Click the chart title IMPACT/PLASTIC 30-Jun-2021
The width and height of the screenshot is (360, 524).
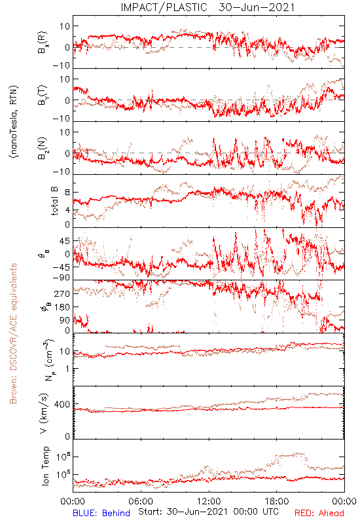pyautogui.click(x=207, y=7)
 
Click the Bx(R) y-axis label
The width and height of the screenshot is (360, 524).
pyautogui.click(x=42, y=43)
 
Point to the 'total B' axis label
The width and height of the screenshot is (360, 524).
pyautogui.click(x=54, y=201)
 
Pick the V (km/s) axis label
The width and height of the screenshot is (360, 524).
pyautogui.click(x=44, y=413)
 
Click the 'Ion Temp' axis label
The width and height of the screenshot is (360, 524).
pyautogui.click(x=45, y=466)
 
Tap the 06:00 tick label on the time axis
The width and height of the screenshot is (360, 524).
pyautogui.click(x=141, y=501)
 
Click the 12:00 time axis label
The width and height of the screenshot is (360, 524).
pyautogui.click(x=209, y=501)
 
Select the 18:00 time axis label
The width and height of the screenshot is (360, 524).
pyautogui.click(x=277, y=501)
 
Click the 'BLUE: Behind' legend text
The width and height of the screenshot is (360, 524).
pyautogui.click(x=101, y=513)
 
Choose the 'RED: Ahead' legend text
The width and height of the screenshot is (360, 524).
pyautogui.click(x=319, y=513)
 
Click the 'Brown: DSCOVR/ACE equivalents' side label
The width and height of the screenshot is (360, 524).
pyautogui.click(x=13, y=333)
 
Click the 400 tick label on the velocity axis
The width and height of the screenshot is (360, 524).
pyautogui.click(x=62, y=404)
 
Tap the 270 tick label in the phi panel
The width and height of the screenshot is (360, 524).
pyautogui.click(x=62, y=293)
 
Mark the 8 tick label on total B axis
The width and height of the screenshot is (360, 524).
pyautogui.click(x=67, y=193)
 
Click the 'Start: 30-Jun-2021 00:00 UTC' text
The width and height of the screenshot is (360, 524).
pyautogui.click(x=208, y=512)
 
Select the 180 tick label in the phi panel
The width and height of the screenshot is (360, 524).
pyautogui.click(x=62, y=307)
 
